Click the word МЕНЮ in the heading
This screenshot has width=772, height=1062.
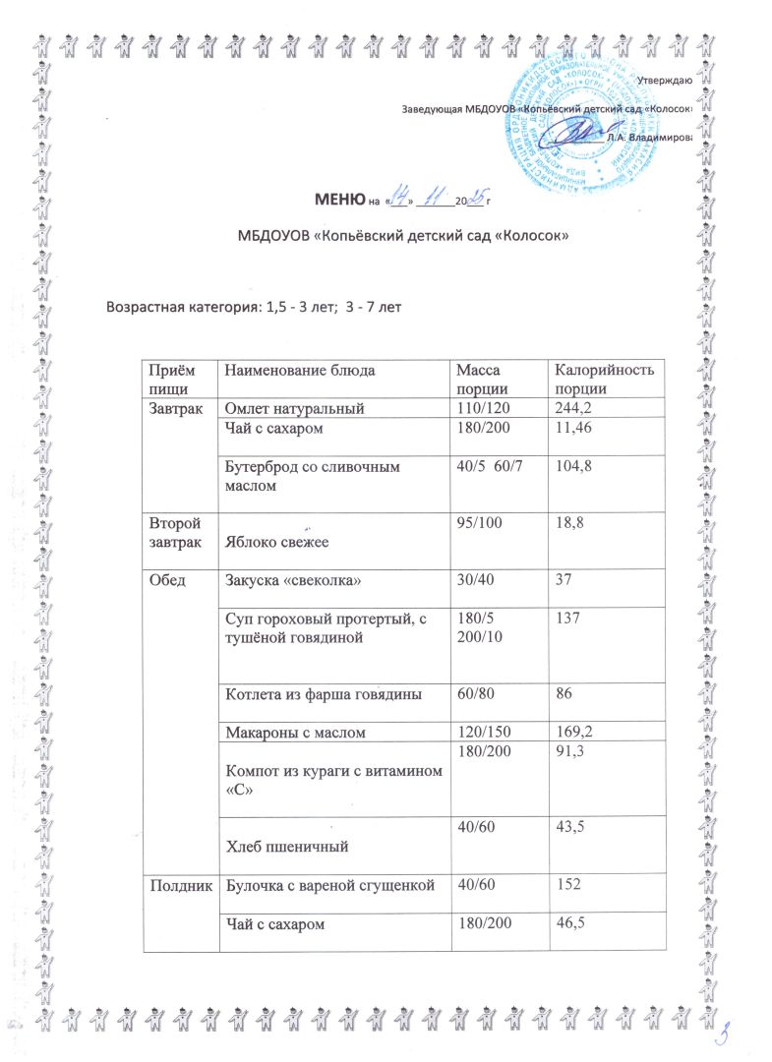tap(338, 203)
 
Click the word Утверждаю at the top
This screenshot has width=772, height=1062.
tap(662, 80)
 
